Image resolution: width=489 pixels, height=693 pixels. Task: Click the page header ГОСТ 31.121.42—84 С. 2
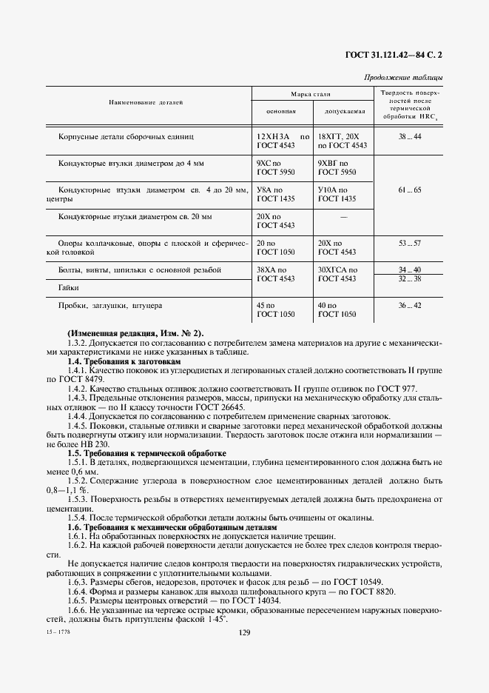(399, 54)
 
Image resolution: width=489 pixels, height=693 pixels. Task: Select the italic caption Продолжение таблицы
(403, 77)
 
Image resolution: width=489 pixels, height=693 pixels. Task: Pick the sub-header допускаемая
(345, 111)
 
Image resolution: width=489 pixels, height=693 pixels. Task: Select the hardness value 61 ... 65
(409, 190)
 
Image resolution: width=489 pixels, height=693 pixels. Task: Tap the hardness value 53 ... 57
(409, 243)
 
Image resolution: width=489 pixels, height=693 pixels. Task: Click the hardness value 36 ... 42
(409, 305)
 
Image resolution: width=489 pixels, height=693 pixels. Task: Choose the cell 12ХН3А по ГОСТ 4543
(282, 141)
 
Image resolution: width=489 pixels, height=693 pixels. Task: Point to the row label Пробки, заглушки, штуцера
(109, 305)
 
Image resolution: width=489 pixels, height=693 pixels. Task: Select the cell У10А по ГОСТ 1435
(337, 194)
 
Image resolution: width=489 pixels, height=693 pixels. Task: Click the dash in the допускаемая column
(343, 217)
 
